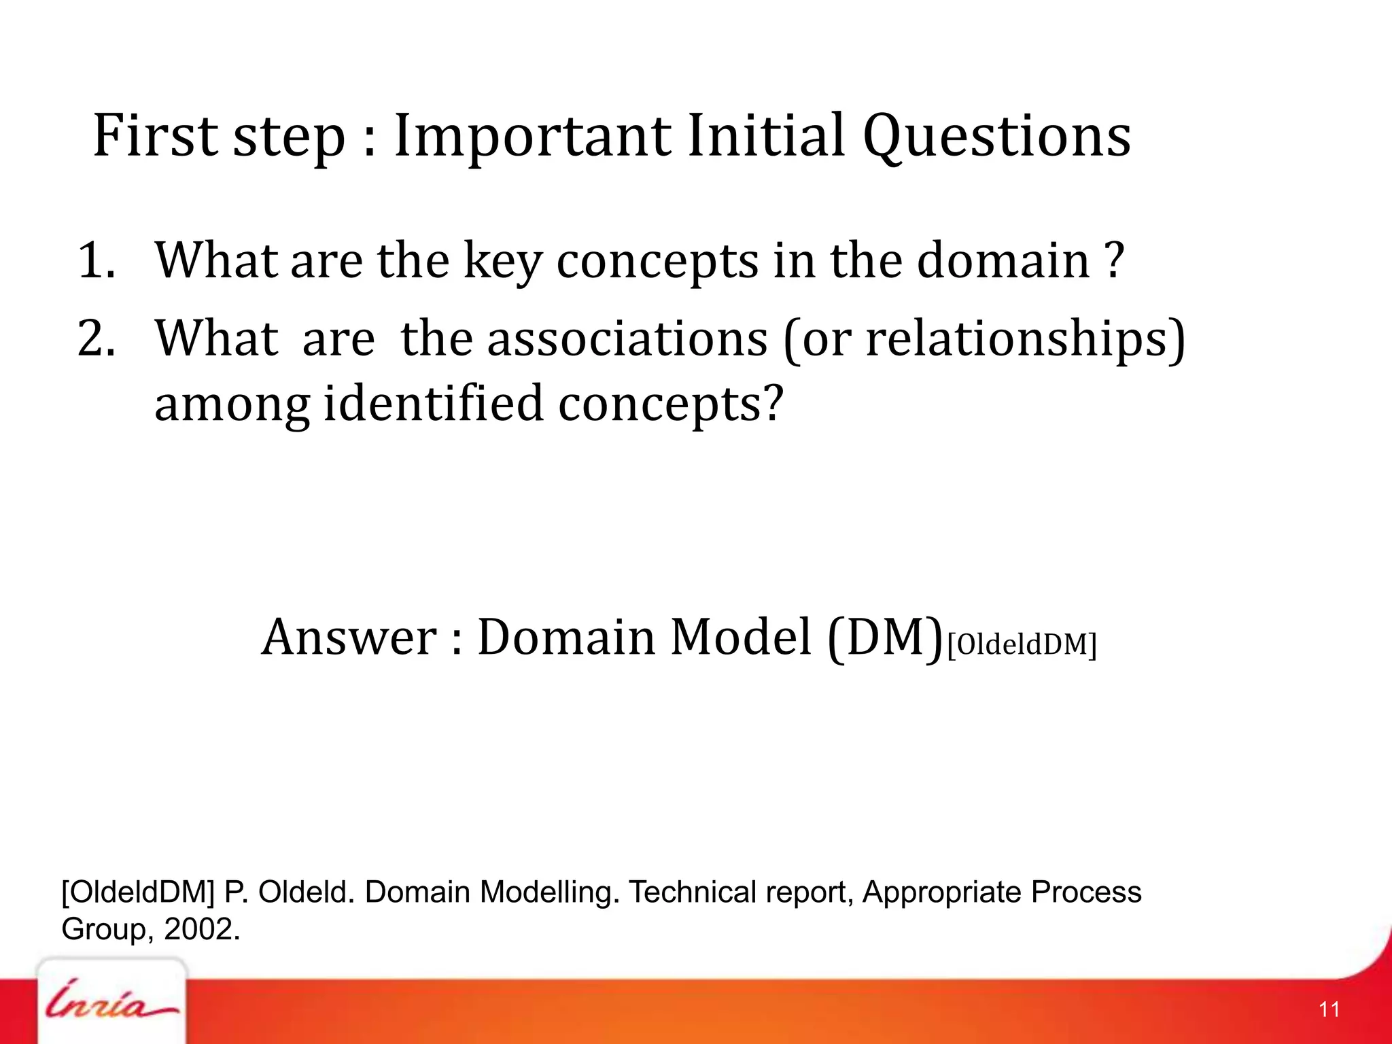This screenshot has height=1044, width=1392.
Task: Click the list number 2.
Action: coord(95,338)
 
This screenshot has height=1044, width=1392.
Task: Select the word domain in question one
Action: coord(1003,261)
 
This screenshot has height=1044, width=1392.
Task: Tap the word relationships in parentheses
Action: coord(1020,338)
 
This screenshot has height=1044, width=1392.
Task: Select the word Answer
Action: coord(349,638)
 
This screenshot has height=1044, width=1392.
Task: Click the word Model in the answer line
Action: coord(741,638)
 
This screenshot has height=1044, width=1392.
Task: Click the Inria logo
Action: coord(111,1006)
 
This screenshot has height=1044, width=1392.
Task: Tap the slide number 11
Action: coord(1329,1009)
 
